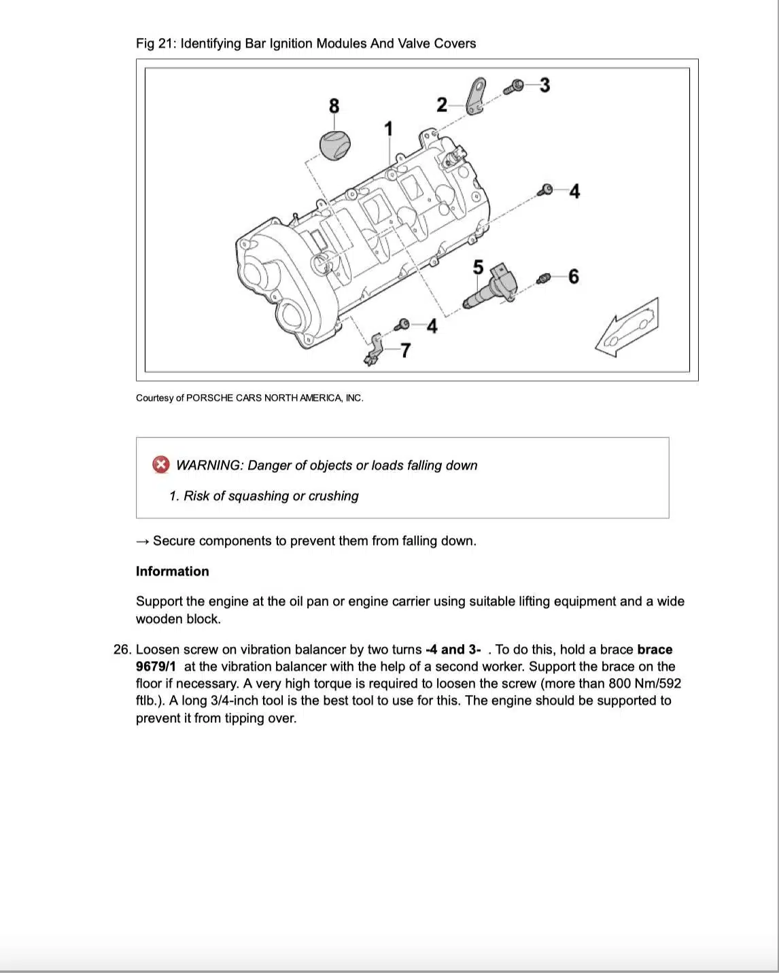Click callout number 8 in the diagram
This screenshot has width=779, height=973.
(334, 106)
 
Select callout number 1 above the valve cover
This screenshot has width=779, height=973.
(388, 128)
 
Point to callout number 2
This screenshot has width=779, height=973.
(442, 105)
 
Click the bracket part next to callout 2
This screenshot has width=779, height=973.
(476, 96)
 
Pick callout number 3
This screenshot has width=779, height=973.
(544, 85)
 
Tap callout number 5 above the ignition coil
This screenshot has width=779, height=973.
(478, 267)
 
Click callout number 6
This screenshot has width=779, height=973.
(573, 277)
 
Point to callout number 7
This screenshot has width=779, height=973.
(405, 350)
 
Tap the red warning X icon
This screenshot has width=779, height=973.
(160, 465)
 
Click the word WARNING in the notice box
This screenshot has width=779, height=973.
(208, 465)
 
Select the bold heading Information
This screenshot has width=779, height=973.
(172, 571)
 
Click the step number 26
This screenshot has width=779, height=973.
(122, 650)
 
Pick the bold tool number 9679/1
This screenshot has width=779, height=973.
(156, 667)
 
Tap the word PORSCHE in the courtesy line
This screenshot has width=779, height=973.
(209, 398)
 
